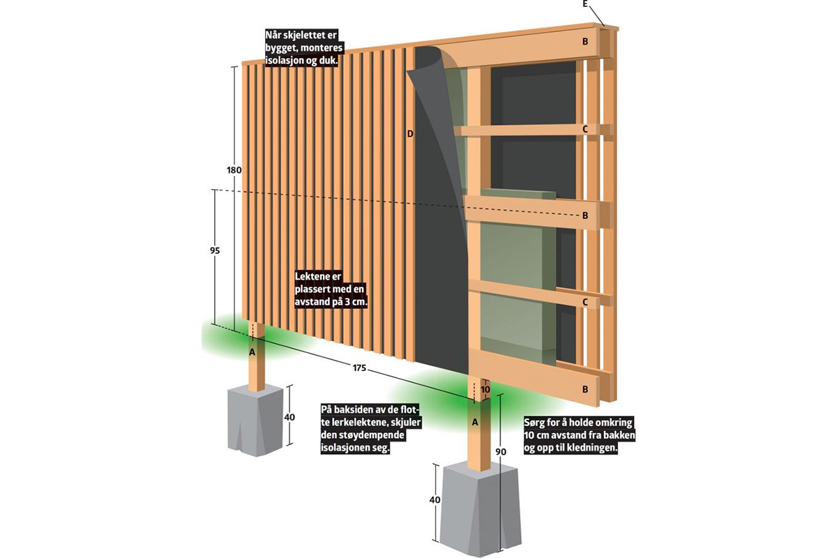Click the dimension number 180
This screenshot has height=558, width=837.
point(234,170)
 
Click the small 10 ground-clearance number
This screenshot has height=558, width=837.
point(485,389)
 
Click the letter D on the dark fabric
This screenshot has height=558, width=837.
point(410,133)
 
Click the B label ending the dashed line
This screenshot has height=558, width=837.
point(586,216)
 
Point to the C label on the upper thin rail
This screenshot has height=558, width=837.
point(586,129)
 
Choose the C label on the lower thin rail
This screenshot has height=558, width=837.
point(586,302)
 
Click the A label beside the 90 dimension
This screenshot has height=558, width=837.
point(476,422)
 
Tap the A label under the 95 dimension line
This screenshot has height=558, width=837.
point(252,352)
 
